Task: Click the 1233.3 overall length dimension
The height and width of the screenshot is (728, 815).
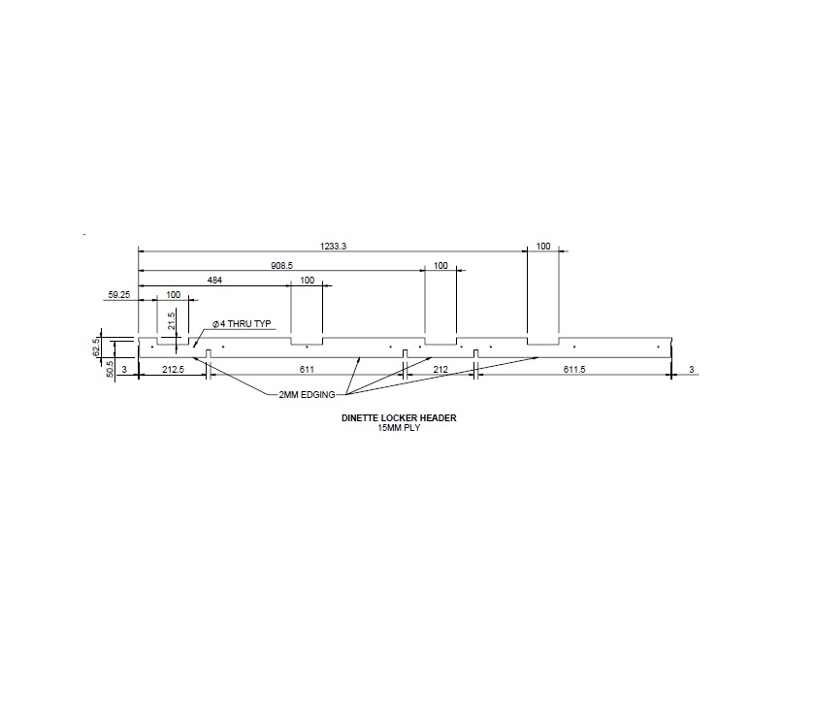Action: (331, 247)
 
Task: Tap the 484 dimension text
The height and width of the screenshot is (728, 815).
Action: (215, 281)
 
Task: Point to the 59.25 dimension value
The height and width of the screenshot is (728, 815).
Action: (118, 293)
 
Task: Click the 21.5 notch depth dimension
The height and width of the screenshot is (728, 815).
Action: (172, 320)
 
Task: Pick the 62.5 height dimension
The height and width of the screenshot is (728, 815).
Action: (96, 347)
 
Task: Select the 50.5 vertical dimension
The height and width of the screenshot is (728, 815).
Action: (109, 369)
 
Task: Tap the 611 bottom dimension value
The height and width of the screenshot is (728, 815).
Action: (306, 370)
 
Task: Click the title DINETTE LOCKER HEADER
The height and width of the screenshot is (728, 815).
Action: (399, 418)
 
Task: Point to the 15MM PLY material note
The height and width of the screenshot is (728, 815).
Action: (399, 427)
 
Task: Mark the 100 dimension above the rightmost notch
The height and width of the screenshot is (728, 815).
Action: (543, 247)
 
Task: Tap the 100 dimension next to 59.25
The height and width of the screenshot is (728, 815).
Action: (174, 293)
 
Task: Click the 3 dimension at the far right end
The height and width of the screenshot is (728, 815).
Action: (691, 370)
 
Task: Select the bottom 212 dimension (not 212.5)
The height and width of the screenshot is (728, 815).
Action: (439, 370)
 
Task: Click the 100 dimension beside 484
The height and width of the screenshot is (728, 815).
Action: (308, 281)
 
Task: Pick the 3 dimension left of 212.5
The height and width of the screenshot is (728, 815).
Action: (125, 370)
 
